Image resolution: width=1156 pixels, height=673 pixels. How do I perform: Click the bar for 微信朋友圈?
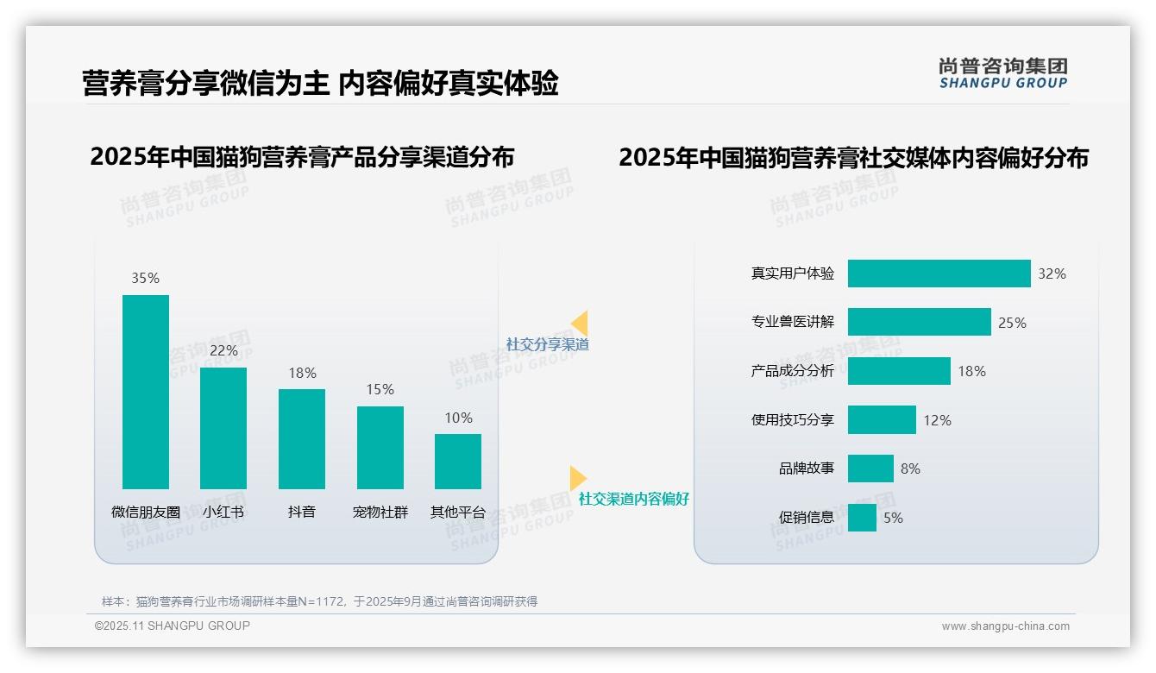146,392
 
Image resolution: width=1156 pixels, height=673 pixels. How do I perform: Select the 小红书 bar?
223,428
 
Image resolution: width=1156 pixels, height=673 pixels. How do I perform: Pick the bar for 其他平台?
458,461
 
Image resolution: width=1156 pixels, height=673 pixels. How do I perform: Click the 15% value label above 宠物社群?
380,389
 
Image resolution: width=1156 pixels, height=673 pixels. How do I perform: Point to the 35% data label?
146,278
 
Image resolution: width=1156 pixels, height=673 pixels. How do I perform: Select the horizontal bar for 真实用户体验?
939,274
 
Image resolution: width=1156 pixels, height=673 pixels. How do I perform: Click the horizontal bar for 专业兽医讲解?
919,322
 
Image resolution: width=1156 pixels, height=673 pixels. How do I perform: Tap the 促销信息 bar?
862,518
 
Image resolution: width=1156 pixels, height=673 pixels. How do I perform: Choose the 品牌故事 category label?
807,469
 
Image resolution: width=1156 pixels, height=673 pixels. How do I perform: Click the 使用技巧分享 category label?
793,420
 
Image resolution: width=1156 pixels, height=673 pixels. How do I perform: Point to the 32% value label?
1052,274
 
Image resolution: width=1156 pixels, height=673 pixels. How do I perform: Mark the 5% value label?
893,518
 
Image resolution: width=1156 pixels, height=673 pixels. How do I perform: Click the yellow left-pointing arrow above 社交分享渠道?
580,324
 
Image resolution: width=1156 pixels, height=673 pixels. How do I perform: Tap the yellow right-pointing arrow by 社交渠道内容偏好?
577,478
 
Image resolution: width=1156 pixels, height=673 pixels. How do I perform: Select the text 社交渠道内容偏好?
634,499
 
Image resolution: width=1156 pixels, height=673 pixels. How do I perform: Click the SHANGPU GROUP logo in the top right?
1003,73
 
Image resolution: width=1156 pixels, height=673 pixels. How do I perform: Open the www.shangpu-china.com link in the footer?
1005,626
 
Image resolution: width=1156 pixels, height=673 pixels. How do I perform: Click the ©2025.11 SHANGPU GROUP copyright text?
173,626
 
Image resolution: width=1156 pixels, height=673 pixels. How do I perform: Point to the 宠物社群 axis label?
380,512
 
